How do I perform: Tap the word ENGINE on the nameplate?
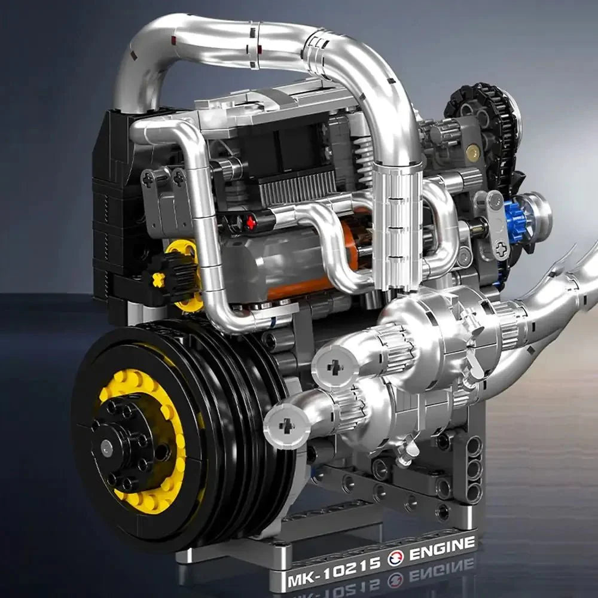click(442, 549)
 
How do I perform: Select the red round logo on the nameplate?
click(395, 559)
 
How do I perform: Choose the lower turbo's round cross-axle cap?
click(287, 425)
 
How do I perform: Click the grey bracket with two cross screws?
click(163, 194)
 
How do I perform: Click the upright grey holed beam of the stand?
click(473, 466)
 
